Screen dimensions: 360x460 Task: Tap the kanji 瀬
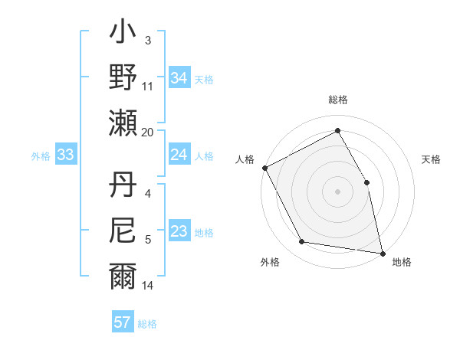coord(123,123)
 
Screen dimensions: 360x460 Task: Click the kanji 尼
coord(123,230)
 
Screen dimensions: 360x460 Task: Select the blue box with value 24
coord(179,155)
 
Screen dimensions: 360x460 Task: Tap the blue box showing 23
coord(179,231)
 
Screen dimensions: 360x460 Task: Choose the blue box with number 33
coord(65,155)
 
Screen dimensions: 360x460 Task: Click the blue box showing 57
coord(123,322)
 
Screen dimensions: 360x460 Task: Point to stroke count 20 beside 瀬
coord(148,133)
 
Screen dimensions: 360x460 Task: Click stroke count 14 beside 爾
coord(148,286)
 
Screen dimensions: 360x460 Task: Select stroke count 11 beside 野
coord(148,86)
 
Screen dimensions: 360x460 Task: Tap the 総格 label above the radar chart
coord(338,100)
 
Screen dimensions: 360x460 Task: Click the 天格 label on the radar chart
coord(431,159)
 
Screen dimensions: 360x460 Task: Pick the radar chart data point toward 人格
coord(264,167)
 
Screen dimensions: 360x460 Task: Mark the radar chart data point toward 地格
coord(382,253)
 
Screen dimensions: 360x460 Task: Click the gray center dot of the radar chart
coord(337,191)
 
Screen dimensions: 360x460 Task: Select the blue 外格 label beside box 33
coord(41,155)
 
